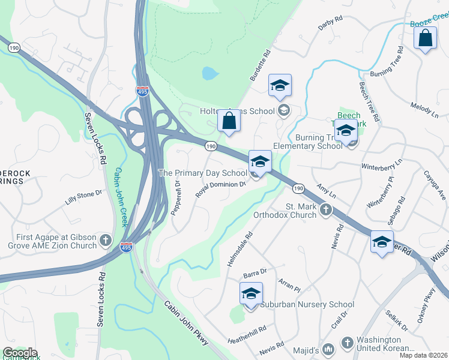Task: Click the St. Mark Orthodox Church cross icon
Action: [326, 209]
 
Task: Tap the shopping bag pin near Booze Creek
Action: [425, 38]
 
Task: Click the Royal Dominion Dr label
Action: [221, 189]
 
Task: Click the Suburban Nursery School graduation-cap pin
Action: [251, 294]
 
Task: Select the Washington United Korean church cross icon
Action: [347, 343]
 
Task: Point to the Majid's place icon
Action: [328, 348]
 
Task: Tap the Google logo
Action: [19, 353]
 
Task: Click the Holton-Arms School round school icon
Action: [283, 110]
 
